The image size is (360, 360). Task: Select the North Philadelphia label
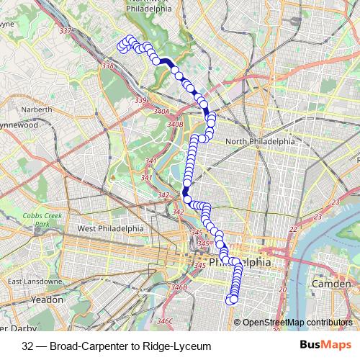pos(260,141)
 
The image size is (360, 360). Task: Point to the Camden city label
pos(331,284)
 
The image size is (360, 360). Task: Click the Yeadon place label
pos(48,298)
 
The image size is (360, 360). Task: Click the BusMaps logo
pos(323,346)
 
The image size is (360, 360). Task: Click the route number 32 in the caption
pos(28,346)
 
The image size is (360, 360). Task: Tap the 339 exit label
pos(140,100)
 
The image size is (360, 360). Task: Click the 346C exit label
pos(166,320)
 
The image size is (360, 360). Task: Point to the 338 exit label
pos(109,66)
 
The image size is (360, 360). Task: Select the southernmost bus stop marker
pos(232,300)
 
